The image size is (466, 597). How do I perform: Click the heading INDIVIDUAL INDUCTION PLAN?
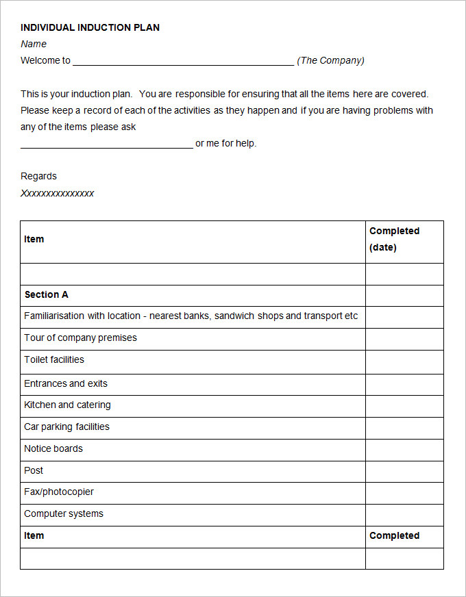point(90,27)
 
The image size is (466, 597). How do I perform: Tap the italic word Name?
point(34,44)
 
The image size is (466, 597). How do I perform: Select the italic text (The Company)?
point(330,60)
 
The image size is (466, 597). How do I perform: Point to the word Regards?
point(38,176)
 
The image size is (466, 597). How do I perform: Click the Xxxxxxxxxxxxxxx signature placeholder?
point(57,193)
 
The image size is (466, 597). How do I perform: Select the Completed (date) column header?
point(394,239)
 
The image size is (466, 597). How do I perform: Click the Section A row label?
point(46,294)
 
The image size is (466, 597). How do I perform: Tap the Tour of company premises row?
point(80,338)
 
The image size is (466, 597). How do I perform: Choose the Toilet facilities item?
point(54,359)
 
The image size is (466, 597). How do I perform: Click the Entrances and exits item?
point(66,383)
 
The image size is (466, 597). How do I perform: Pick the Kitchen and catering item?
point(67,405)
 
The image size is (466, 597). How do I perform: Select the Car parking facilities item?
point(66,427)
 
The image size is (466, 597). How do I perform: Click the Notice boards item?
point(53,448)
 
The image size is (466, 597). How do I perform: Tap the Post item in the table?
point(34,470)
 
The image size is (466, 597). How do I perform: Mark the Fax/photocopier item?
point(59,492)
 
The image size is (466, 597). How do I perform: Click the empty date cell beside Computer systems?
point(404,514)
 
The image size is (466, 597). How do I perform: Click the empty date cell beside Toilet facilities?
point(404,361)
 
